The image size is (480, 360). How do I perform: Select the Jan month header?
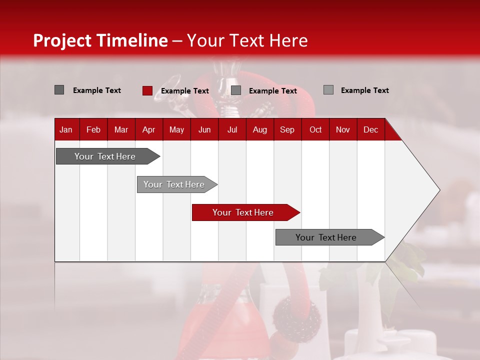(66, 129)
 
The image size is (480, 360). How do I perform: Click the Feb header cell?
(93, 129)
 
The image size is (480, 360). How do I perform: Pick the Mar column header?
(121, 129)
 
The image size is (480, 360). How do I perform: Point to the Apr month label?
(148, 129)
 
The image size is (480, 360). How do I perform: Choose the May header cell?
(176, 129)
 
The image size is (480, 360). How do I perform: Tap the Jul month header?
(232, 129)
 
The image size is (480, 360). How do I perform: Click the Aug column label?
(260, 129)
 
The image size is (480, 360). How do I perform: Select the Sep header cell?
(287, 129)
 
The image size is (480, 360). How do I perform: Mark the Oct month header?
(315, 129)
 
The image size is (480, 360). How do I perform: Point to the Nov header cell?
(343, 129)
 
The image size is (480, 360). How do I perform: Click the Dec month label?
(370, 129)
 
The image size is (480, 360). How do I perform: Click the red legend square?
(147, 90)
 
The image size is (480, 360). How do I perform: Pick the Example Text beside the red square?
(184, 91)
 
